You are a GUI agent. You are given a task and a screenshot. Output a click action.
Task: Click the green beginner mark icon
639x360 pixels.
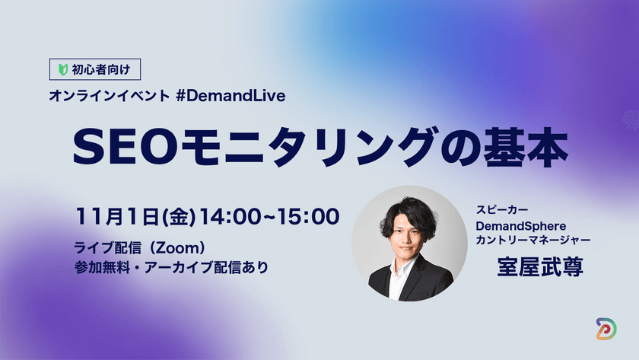(x=64, y=70)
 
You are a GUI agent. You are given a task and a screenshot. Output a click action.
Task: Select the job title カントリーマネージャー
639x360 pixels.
(x=532, y=241)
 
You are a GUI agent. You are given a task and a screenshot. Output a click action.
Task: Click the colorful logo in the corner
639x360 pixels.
(x=606, y=329)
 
